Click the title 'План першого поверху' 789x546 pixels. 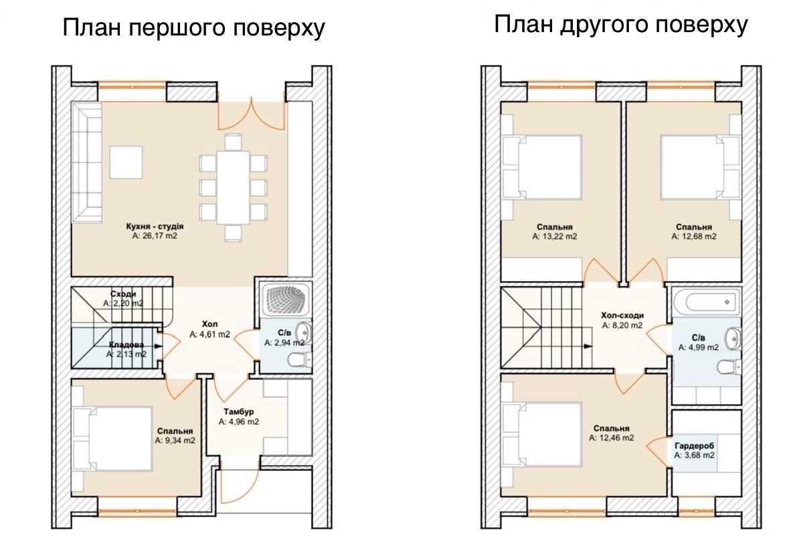pyautogui.click(x=193, y=27)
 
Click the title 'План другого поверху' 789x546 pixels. pyautogui.click(x=621, y=25)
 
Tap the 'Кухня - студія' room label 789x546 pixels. pyautogui.click(x=155, y=226)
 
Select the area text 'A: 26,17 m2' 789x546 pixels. pyautogui.click(x=155, y=236)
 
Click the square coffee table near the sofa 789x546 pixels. pyautogui.click(x=126, y=162)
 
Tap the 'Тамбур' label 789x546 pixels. pyautogui.click(x=239, y=412)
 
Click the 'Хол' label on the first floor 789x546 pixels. pyautogui.click(x=210, y=324)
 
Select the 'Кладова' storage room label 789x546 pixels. pyautogui.click(x=126, y=345)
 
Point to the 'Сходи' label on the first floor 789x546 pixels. pyautogui.click(x=123, y=294)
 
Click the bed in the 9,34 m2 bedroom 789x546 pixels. pyautogui.click(x=112, y=439)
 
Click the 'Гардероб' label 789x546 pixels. pyautogui.click(x=695, y=446)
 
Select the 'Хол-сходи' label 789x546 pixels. pyautogui.click(x=622, y=316)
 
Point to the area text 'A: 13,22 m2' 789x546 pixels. pyautogui.click(x=555, y=236)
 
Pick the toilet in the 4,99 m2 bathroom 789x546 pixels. pyautogui.click(x=728, y=367)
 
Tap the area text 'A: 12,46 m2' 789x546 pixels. pyautogui.click(x=612, y=438)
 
